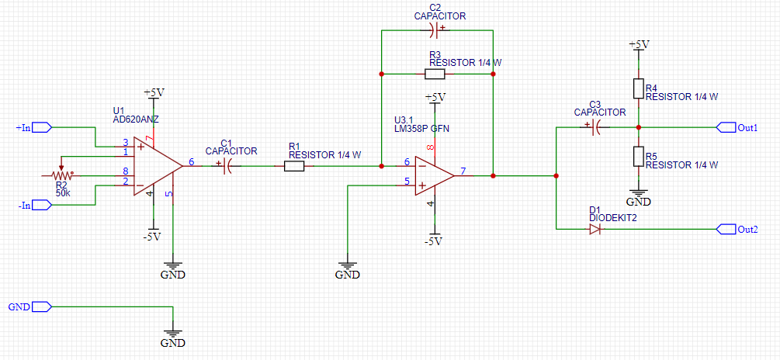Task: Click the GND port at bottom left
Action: [x=40, y=306]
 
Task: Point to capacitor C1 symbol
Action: [x=227, y=165]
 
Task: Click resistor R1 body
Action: [x=293, y=166]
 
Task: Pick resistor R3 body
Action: [x=435, y=74]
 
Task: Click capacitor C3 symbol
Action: [x=595, y=127]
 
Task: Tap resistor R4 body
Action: [x=638, y=88]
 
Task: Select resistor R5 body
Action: [x=638, y=157]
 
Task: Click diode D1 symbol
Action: [x=595, y=229]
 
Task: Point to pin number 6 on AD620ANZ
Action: [x=191, y=163]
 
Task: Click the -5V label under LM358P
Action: [x=433, y=241]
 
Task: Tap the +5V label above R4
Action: [x=638, y=45]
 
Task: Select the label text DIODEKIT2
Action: [x=612, y=218]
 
